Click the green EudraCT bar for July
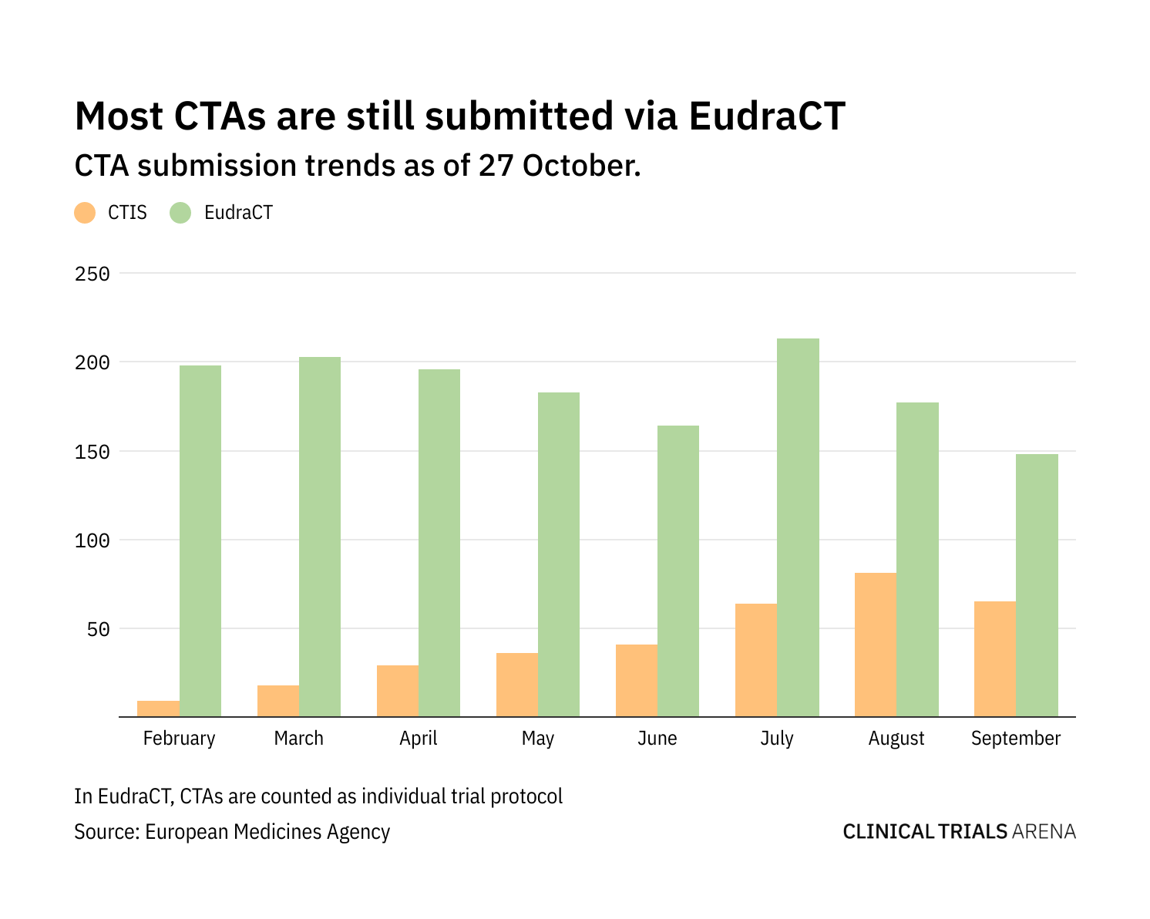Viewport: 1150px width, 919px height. point(798,527)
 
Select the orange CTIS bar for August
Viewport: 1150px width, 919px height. point(876,645)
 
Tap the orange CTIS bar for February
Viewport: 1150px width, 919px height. point(159,709)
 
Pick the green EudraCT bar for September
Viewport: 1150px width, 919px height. point(1037,585)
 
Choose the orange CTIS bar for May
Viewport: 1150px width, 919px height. point(517,685)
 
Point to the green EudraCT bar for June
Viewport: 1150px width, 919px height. point(678,571)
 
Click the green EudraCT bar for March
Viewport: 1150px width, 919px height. point(320,537)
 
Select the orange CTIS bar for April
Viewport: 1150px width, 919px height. point(398,691)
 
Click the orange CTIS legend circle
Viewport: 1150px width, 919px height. point(85,213)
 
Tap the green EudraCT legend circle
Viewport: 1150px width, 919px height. point(180,213)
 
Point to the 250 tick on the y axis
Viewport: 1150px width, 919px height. point(92,274)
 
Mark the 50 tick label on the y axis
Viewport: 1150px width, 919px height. point(98,629)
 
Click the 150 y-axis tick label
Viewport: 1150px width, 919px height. point(92,452)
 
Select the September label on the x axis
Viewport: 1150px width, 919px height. point(1015,739)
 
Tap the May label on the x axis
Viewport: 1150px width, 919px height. point(537,739)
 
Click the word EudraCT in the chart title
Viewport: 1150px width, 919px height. point(767,116)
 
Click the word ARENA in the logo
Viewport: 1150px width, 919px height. point(1044,831)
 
